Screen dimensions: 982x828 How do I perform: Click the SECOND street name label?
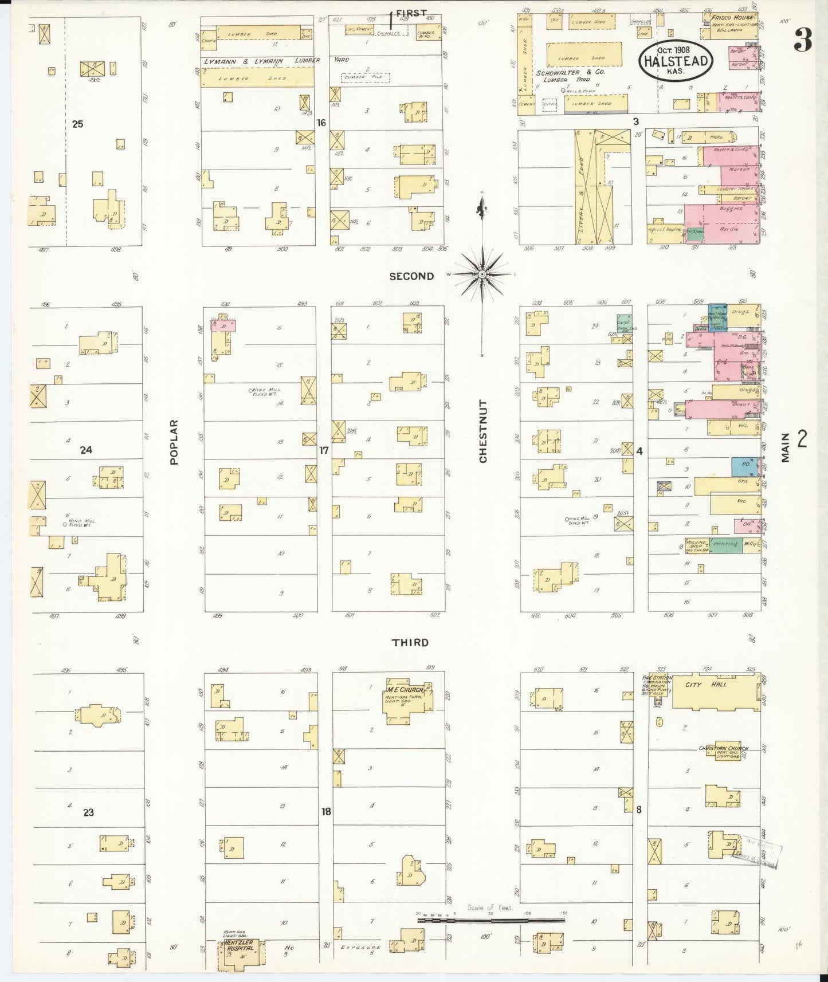point(411,276)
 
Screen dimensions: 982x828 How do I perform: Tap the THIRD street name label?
point(410,642)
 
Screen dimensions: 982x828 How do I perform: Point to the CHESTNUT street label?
point(483,431)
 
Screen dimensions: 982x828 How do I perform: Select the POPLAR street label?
point(174,441)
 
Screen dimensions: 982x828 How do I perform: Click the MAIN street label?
point(785,447)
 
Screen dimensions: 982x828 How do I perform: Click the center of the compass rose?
point(483,274)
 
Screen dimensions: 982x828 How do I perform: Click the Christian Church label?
point(723,748)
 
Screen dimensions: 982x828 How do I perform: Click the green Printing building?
point(725,544)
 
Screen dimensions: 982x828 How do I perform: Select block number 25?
point(78,123)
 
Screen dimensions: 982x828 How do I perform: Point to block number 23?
point(88,812)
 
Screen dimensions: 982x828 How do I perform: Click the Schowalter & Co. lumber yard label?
point(571,76)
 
